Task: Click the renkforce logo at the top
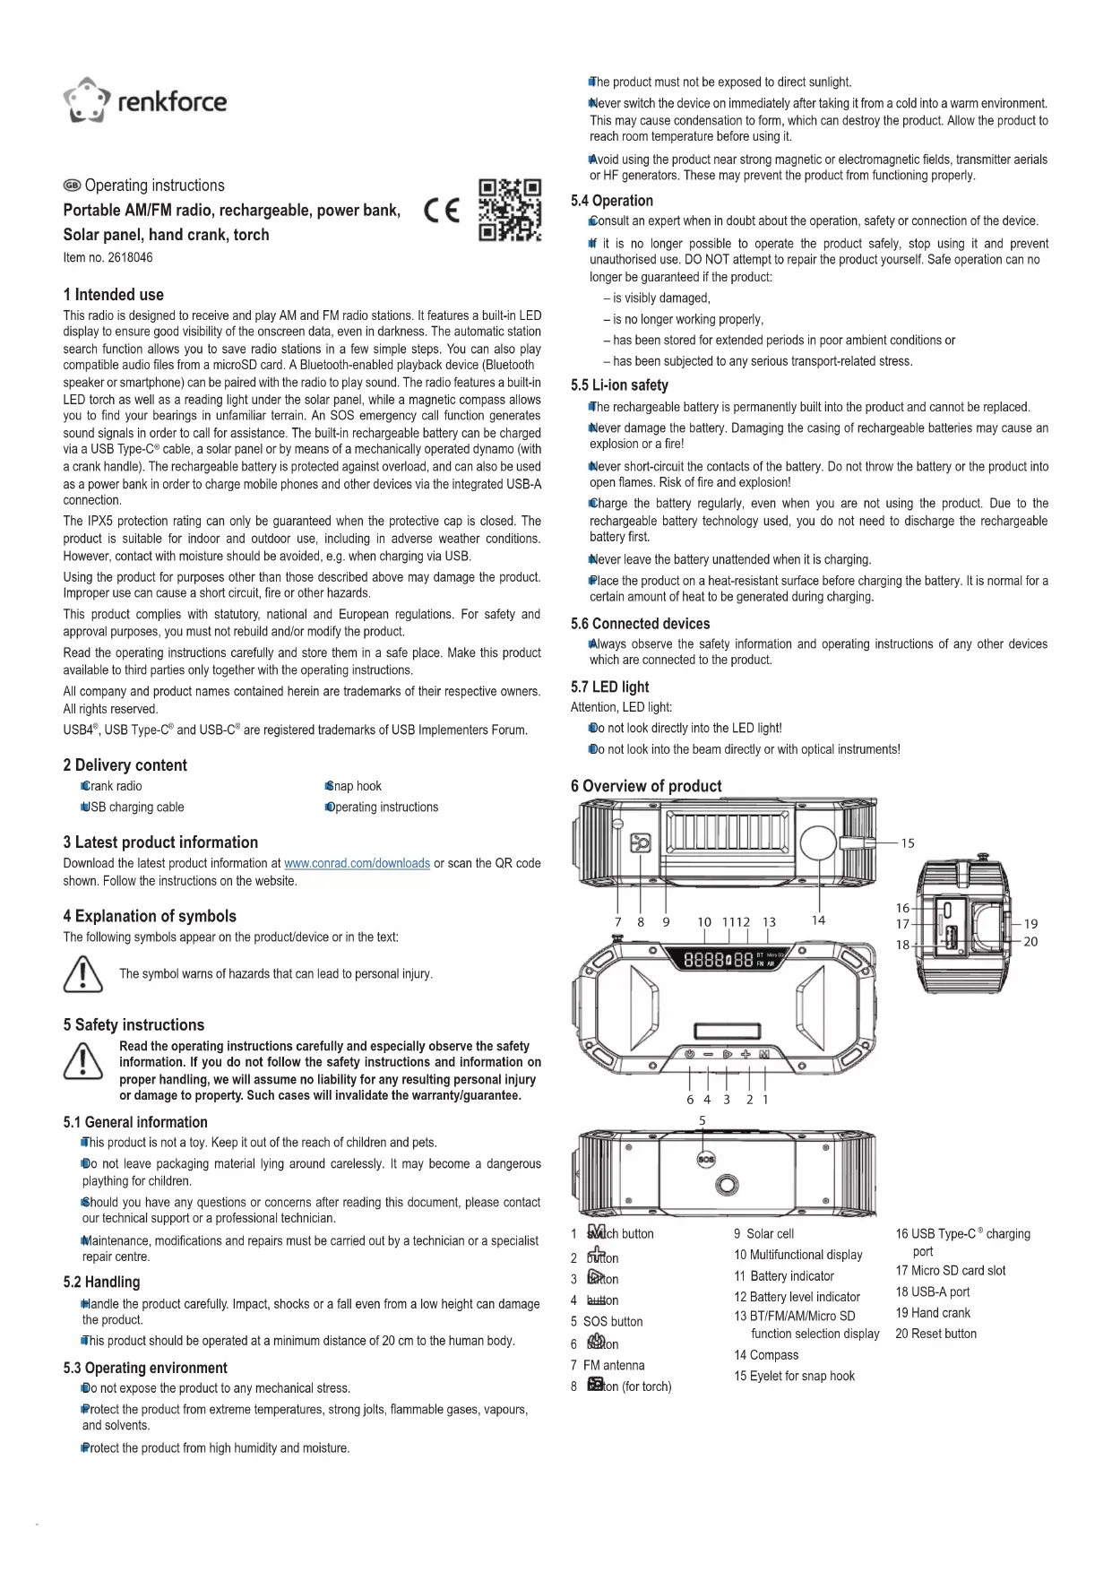tap(145, 99)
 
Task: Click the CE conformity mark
tap(442, 212)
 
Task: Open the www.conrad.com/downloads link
tap(357, 863)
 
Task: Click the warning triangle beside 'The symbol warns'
tap(82, 974)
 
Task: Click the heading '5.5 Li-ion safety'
tap(619, 385)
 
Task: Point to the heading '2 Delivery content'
tap(125, 764)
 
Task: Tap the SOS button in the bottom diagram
tap(705, 1159)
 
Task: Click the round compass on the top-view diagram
tap(819, 843)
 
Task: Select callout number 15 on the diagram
tap(908, 842)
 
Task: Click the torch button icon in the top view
tap(641, 843)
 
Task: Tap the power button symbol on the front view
tap(689, 1054)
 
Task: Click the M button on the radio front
tap(764, 1054)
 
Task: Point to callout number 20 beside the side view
tap(1030, 941)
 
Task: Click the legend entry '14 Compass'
tap(766, 1355)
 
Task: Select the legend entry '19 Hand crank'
tap(933, 1313)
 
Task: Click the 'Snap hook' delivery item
tap(356, 786)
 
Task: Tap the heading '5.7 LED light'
tap(609, 687)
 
